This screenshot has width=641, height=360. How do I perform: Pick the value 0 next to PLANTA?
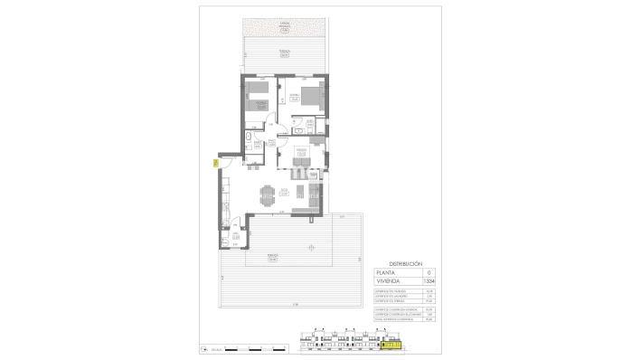(x=429, y=272)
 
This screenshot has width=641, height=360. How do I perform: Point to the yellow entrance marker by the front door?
(x=214, y=164)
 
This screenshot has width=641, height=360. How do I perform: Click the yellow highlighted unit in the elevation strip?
(x=391, y=344)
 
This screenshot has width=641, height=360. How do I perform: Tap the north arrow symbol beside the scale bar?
(x=205, y=349)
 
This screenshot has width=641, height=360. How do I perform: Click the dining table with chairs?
(x=267, y=193)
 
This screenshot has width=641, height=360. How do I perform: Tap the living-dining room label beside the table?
(x=284, y=190)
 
